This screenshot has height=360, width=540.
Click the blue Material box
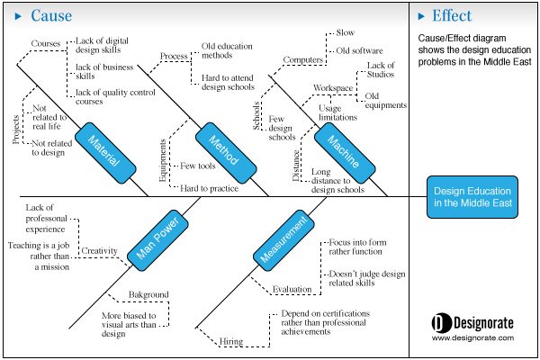tap(105, 153)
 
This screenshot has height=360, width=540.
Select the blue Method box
tap(226, 153)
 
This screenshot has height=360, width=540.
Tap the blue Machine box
tap(345, 153)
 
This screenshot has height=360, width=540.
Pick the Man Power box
tap(157, 239)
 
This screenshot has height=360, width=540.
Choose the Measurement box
tap(283, 239)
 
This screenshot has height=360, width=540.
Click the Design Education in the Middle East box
tap(472, 197)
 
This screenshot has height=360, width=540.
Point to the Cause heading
tap(51, 16)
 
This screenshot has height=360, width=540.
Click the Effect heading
tap(452, 16)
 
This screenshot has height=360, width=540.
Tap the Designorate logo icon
tap(441, 323)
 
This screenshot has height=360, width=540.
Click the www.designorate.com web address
tap(472, 338)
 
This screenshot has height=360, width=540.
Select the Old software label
tap(359, 50)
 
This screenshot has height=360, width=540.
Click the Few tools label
tap(198, 166)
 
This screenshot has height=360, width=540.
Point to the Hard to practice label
tap(210, 188)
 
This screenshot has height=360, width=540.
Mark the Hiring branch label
tap(231, 341)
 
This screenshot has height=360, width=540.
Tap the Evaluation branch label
tap(292, 290)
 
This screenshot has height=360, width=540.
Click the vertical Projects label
tap(16, 130)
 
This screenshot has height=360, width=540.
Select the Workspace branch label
tap(333, 88)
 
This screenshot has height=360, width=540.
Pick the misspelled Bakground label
tap(148, 295)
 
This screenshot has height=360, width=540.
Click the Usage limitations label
tap(337, 113)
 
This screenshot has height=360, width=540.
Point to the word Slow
tap(346, 32)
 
